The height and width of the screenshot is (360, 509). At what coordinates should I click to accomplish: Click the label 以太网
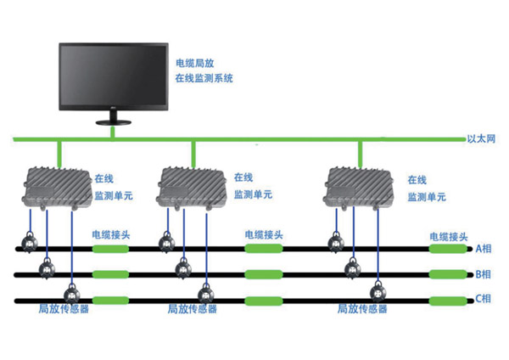[480, 138]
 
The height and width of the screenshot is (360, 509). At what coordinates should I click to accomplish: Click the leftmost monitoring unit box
[55, 186]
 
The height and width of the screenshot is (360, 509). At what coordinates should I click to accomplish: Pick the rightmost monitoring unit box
[361, 186]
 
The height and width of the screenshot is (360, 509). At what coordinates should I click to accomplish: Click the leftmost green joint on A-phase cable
[110, 249]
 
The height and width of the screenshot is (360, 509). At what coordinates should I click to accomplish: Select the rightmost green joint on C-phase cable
[447, 300]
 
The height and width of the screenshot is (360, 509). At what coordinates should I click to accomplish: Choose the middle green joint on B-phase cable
[263, 274]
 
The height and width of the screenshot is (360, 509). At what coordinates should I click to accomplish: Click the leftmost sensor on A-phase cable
[28, 245]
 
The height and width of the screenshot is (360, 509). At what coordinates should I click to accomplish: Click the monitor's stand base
[112, 125]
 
